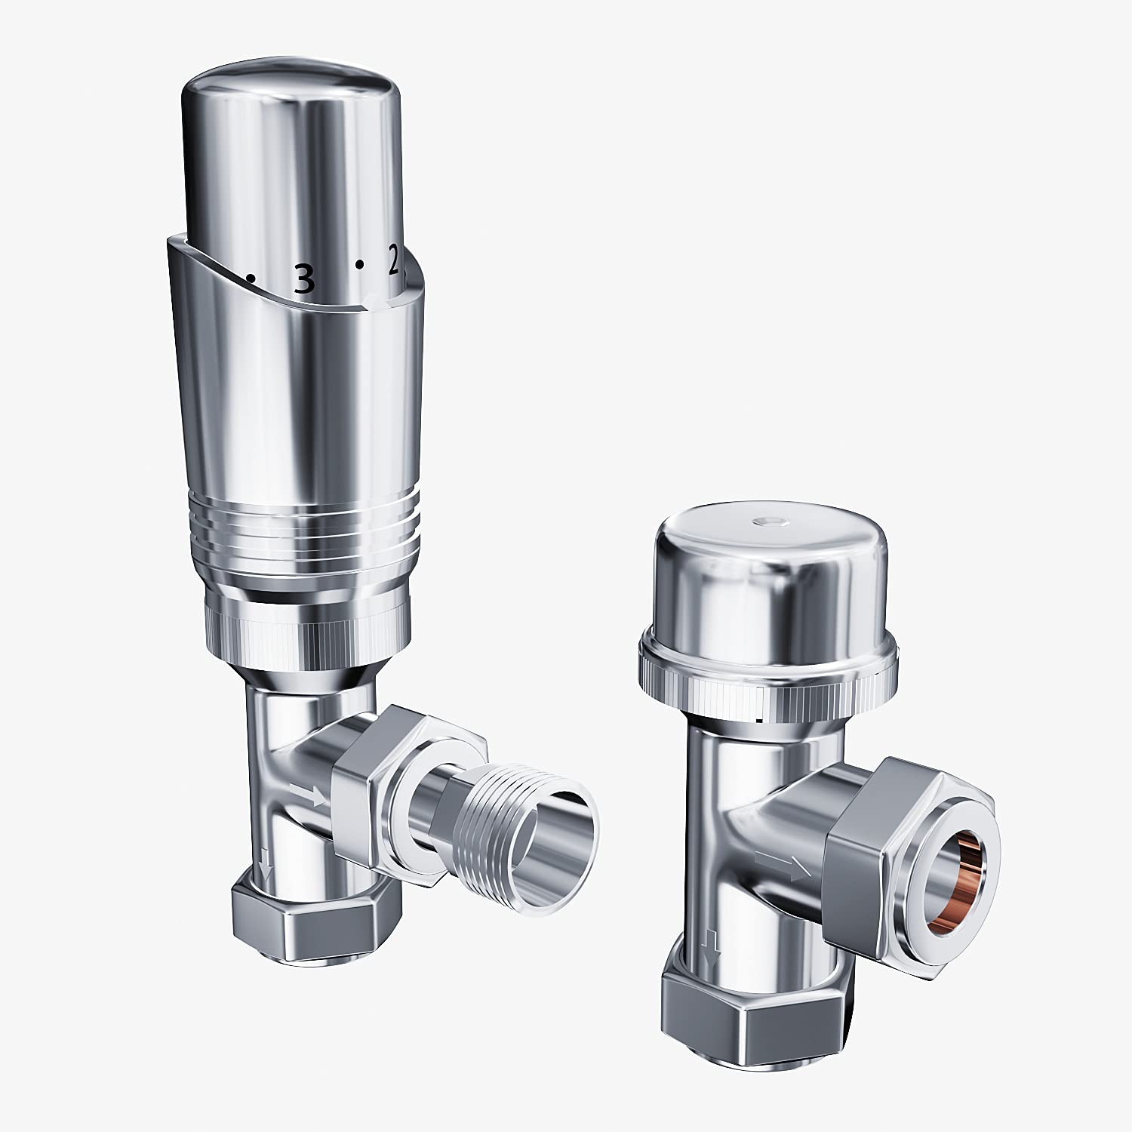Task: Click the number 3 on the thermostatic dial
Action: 303,280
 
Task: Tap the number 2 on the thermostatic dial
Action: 393,261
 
